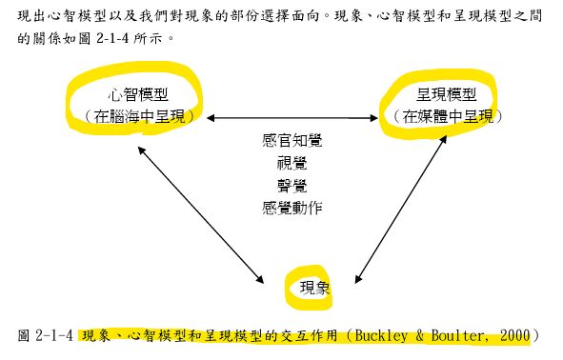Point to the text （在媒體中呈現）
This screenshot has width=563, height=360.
click(446, 116)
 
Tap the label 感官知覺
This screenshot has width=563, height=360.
click(292, 140)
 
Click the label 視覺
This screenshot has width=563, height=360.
click(292, 162)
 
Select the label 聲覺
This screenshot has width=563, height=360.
click(292, 184)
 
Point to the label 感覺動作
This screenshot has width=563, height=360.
click(292, 206)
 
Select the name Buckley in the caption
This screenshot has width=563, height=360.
click(384, 336)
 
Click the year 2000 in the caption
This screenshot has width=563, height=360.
click(513, 336)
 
